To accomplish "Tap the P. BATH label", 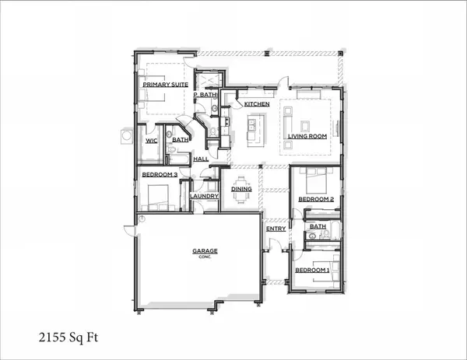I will [206, 94].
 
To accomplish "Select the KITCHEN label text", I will [257, 103].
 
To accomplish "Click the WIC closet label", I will [152, 141].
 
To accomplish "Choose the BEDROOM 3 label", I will [160, 175].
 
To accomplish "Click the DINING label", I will [241, 188].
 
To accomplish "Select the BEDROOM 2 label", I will [316, 199].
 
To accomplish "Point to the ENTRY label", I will [276, 229].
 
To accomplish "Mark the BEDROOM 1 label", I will [311, 270].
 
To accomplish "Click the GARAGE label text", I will [205, 251].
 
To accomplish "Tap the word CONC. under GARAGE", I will [205, 258].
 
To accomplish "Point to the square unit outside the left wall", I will [127, 137].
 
